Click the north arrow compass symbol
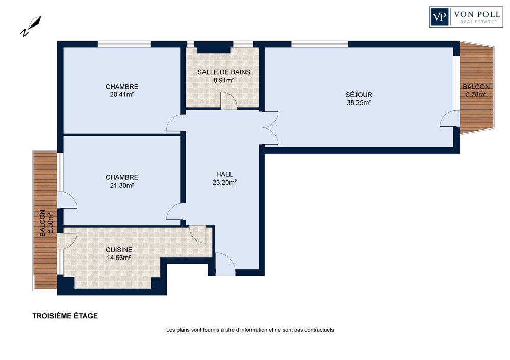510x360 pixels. point(31,25)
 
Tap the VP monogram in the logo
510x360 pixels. point(440,17)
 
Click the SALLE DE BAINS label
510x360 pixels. point(224,72)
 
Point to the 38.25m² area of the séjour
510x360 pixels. point(359,103)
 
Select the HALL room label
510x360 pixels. point(224,174)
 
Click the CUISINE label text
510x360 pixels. point(119,250)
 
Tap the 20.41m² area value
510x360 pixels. point(122,95)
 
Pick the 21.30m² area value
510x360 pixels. point(122,186)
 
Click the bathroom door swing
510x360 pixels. point(228,100)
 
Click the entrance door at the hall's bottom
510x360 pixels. point(225,264)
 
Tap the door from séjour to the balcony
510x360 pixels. point(449,119)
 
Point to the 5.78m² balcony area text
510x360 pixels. point(476,95)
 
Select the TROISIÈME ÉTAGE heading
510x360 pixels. point(65,316)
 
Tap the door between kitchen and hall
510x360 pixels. point(197,234)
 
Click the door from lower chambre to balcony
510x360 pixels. point(67,200)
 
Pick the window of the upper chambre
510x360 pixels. point(124,44)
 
